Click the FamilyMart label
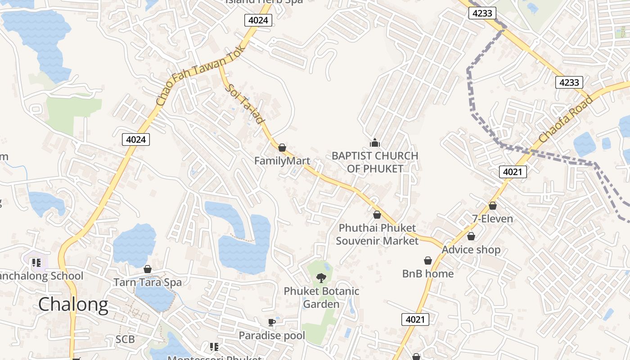282,161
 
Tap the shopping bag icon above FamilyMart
282,148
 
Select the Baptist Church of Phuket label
375,162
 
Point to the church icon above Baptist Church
374,143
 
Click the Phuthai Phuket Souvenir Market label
377,234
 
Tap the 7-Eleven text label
492,219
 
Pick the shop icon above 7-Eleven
493,206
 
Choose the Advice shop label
471,250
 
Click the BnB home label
427,274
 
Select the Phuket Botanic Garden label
321,297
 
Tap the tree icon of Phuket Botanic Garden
321,278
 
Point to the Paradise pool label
272,336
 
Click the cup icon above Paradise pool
271,322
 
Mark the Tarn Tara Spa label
148,283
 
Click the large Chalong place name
73,305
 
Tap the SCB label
125,339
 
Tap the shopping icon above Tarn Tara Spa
147,269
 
